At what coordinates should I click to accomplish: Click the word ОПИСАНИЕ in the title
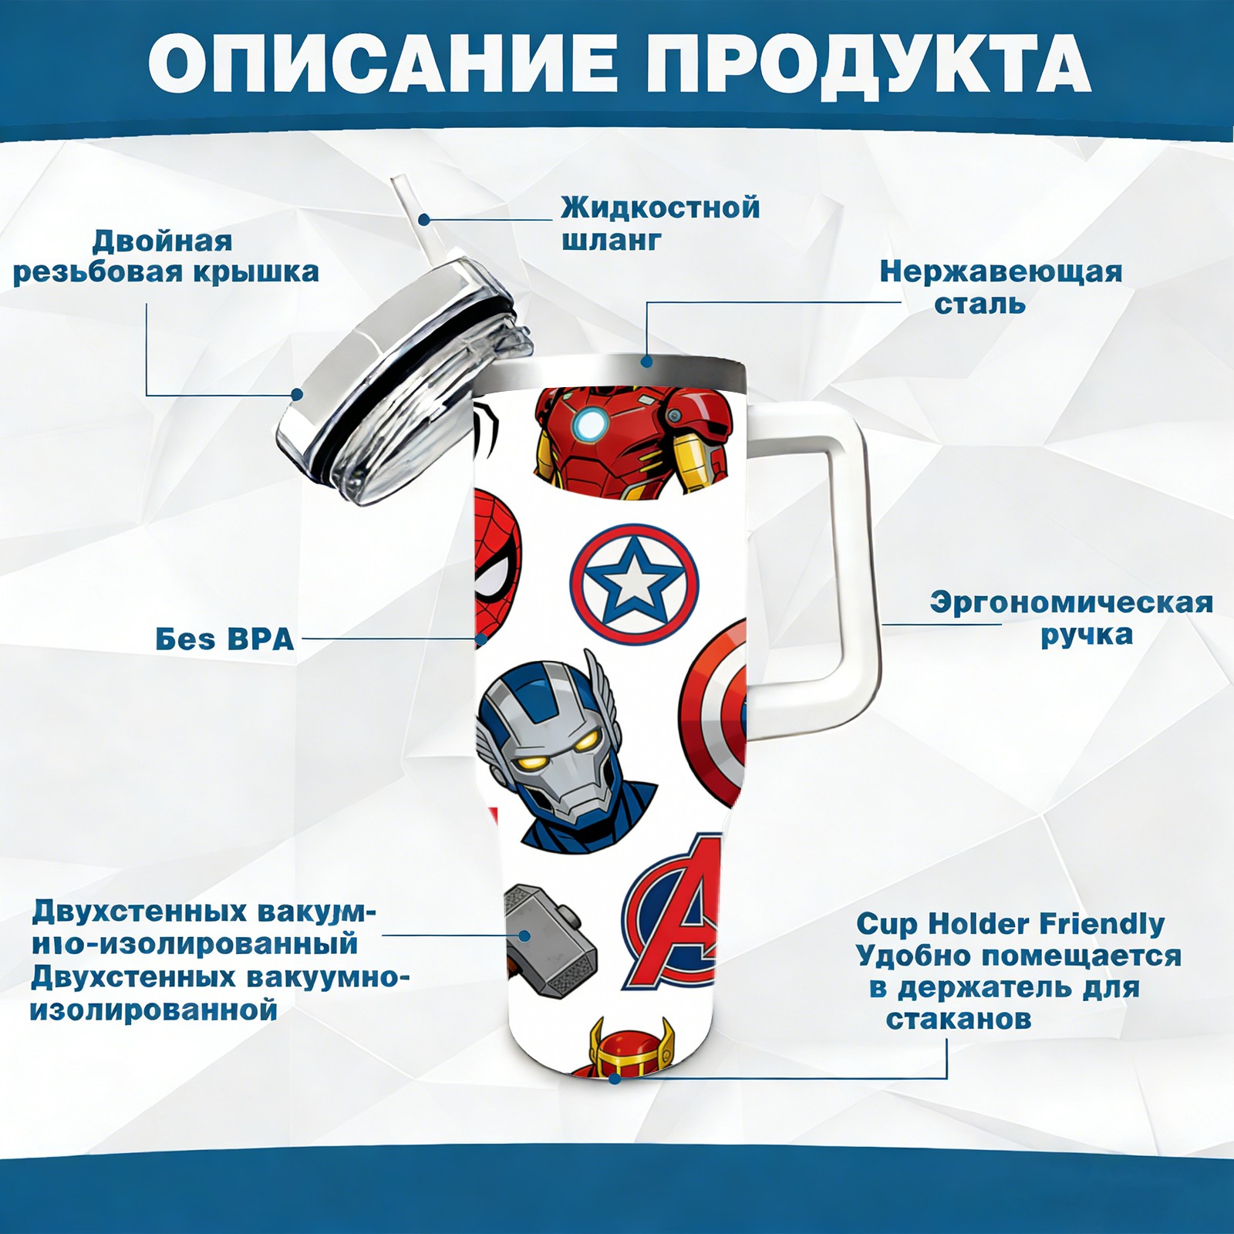[x=383, y=63]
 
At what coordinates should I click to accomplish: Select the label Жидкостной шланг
[x=660, y=224]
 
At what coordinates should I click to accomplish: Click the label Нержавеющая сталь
[x=1000, y=288]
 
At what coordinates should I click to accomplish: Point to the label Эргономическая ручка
[x=1071, y=619]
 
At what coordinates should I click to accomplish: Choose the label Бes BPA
[x=224, y=639]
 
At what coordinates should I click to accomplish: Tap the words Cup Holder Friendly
[x=1010, y=923]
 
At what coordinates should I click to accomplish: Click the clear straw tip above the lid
[x=402, y=189]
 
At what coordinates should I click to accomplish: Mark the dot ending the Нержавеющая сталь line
[x=646, y=360]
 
